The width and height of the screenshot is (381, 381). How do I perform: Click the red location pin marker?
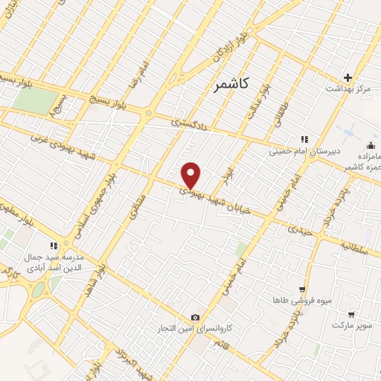pos(192,175)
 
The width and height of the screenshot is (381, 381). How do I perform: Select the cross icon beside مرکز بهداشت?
pos(348,77)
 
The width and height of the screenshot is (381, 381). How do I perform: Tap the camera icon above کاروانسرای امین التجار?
pos(195,317)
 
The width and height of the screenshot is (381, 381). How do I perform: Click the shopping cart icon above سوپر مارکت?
pos(350,315)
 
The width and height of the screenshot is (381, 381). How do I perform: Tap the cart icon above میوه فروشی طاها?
pos(301,289)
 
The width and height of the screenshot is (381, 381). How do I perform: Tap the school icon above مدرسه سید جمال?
pos(53,245)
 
